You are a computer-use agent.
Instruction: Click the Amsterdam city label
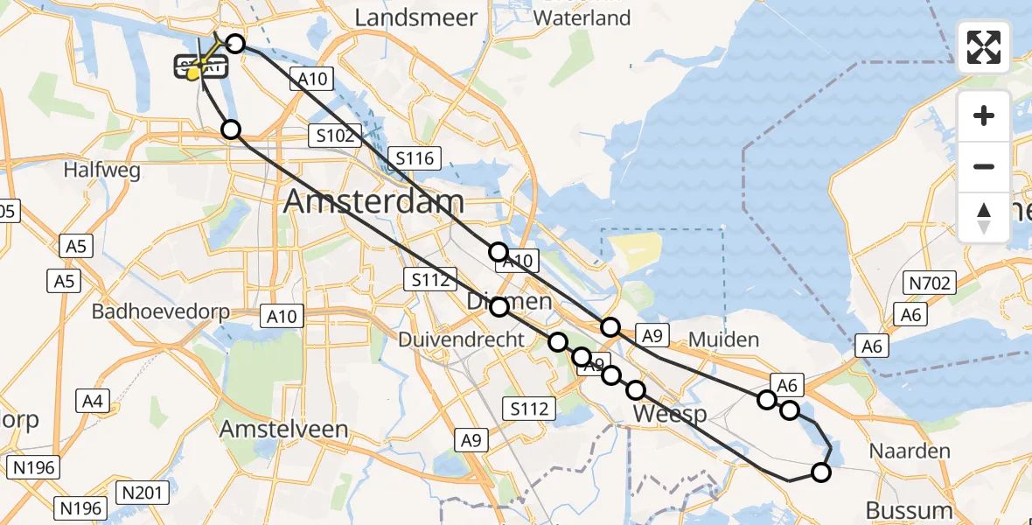[x=373, y=202]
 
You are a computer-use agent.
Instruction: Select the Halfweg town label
[x=101, y=171]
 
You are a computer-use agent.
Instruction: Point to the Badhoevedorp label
[x=161, y=311]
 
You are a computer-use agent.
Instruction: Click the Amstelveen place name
[x=284, y=430]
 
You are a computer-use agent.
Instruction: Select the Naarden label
[x=909, y=451]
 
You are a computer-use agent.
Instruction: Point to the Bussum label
[x=909, y=509]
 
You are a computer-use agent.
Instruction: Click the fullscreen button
[x=984, y=47]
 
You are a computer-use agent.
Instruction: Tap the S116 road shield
[x=415, y=158]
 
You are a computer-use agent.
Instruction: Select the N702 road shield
[x=931, y=283]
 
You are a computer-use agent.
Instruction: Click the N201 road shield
[x=141, y=493]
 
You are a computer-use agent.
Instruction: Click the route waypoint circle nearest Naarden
[x=820, y=472]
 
